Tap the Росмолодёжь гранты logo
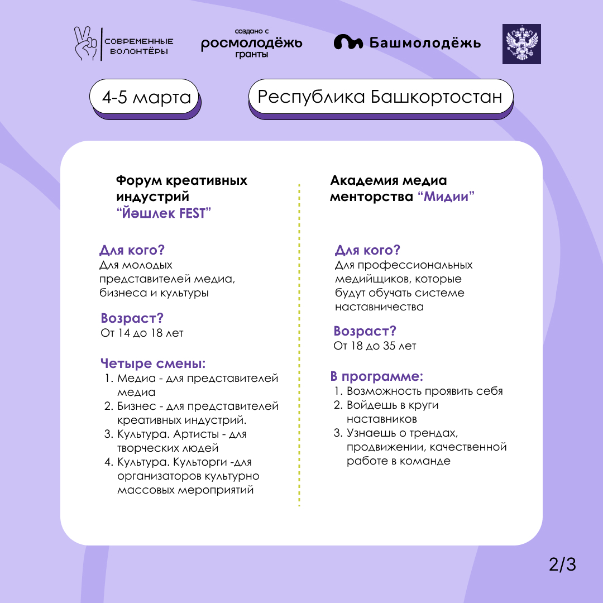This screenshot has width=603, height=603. pyautogui.click(x=252, y=44)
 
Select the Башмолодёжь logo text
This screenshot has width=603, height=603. pyautogui.click(x=424, y=43)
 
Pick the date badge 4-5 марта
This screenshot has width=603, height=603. pyautogui.click(x=146, y=98)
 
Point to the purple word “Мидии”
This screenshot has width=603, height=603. pyautogui.click(x=446, y=197)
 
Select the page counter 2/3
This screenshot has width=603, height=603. pyautogui.click(x=562, y=565)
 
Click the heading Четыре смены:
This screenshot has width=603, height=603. pyautogui.click(x=153, y=363)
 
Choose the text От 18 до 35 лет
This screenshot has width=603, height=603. pyautogui.click(x=375, y=346)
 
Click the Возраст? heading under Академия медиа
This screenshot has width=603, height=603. pyautogui.click(x=365, y=331)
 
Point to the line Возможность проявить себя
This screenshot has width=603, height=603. pyautogui.click(x=424, y=391)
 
